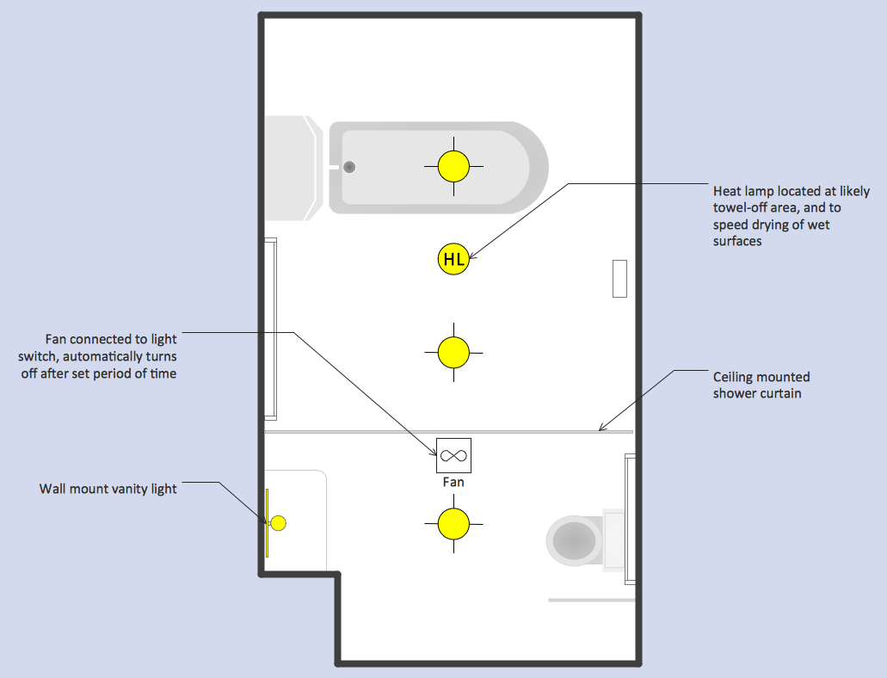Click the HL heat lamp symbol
tap(453, 259)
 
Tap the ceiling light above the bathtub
tap(453, 166)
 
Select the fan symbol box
tap(453, 455)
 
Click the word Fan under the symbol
tap(453, 482)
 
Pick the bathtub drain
tap(349, 167)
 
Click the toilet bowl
tap(574, 540)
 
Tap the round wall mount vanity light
tap(279, 523)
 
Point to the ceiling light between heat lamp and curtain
tap(453, 353)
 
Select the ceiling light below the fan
tap(453, 524)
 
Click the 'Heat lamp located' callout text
tap(791, 216)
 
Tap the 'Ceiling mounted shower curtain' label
tap(761, 385)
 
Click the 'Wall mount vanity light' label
tap(108, 489)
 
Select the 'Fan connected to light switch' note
tap(98, 356)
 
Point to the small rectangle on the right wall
tap(620, 279)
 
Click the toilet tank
tap(613, 539)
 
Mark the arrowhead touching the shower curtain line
tap(602, 428)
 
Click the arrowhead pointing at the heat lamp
tap(472, 256)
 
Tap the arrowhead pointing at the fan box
tap(434, 453)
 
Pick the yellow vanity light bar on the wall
tap(267, 523)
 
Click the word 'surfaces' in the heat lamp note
tap(737, 241)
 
